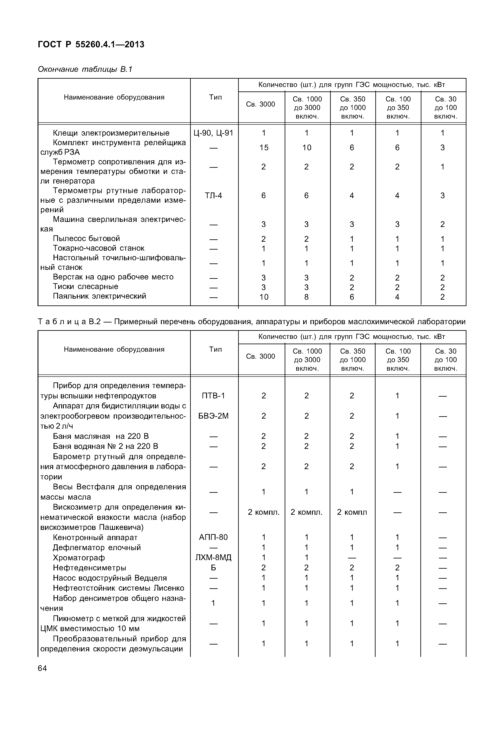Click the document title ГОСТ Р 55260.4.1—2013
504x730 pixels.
tap(91, 45)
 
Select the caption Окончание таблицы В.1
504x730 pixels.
tap(85, 69)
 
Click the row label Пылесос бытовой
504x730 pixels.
tap(87, 239)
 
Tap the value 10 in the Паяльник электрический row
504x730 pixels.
tap(264, 297)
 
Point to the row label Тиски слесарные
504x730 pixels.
tap(86, 286)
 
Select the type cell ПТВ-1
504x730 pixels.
tap(213, 396)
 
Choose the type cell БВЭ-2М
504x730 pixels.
tap(213, 416)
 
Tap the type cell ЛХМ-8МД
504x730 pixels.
tap(213, 557)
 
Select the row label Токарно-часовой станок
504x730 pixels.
tap(99, 248)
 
